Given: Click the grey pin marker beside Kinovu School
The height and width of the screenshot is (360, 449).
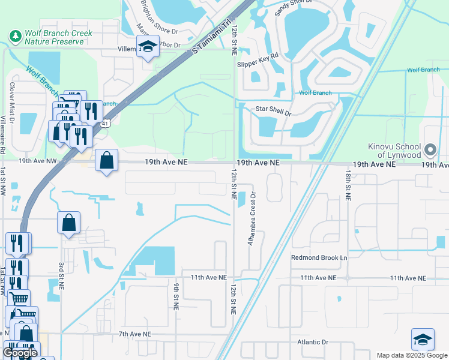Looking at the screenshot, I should (430, 149).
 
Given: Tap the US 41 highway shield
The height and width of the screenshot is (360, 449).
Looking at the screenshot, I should (106, 124).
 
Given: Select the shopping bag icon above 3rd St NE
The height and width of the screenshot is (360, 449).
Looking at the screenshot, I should (69, 223).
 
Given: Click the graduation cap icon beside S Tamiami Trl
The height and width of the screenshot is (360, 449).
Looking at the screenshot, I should (146, 47).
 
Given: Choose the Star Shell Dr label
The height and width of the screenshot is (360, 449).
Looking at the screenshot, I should (273, 112).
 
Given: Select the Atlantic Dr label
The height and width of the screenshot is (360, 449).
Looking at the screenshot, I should (313, 343).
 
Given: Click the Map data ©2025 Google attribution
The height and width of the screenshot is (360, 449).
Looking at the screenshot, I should (411, 355).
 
